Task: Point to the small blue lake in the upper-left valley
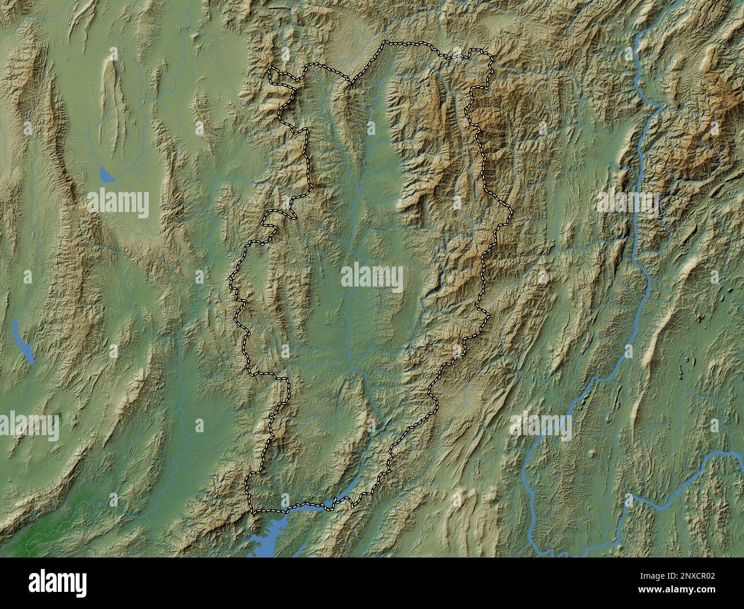(x=105, y=174)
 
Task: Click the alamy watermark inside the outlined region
(x=372, y=277)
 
